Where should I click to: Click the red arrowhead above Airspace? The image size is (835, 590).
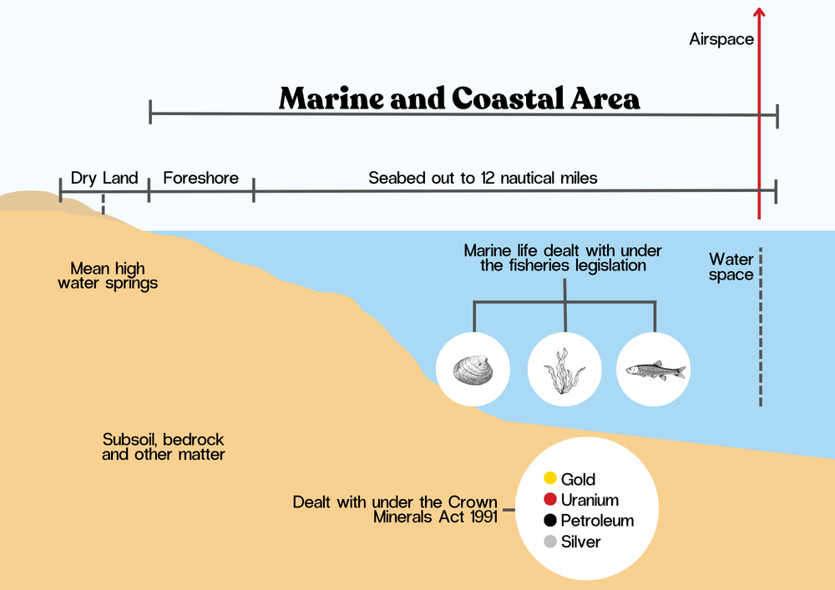click(758, 12)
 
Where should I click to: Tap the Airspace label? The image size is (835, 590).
click(721, 39)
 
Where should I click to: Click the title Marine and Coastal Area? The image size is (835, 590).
click(459, 98)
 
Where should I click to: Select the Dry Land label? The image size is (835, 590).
click(104, 178)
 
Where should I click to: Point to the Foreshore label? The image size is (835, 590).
click(200, 178)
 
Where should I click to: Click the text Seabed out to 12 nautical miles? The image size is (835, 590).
click(483, 178)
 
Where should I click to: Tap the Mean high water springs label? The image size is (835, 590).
click(108, 275)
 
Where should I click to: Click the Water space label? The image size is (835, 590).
click(731, 267)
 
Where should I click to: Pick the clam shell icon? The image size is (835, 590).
click(473, 369)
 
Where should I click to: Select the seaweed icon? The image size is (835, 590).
click(564, 369)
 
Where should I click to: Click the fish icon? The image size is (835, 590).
click(655, 369)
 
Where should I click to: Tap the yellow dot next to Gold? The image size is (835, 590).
click(550, 479)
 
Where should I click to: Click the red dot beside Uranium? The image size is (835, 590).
click(550, 500)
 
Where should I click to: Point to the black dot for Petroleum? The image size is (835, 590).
click(550, 521)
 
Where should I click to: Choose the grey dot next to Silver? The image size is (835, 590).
click(550, 542)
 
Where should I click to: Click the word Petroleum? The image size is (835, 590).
click(597, 521)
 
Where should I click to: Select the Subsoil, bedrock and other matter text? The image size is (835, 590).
click(164, 446)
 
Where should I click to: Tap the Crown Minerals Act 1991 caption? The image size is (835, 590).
click(395, 509)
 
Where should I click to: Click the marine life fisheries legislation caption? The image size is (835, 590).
click(563, 258)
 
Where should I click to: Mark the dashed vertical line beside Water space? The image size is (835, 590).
click(761, 325)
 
